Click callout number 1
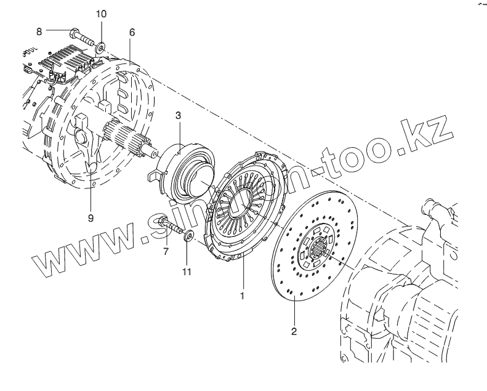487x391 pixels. click(x=243, y=296)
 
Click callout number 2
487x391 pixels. click(x=294, y=331)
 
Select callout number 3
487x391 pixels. click(x=178, y=115)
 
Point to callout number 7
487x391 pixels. click(x=165, y=251)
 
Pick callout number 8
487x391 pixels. click(x=39, y=30)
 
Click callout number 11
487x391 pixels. click(x=186, y=271)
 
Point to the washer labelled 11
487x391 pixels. click(x=189, y=236)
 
